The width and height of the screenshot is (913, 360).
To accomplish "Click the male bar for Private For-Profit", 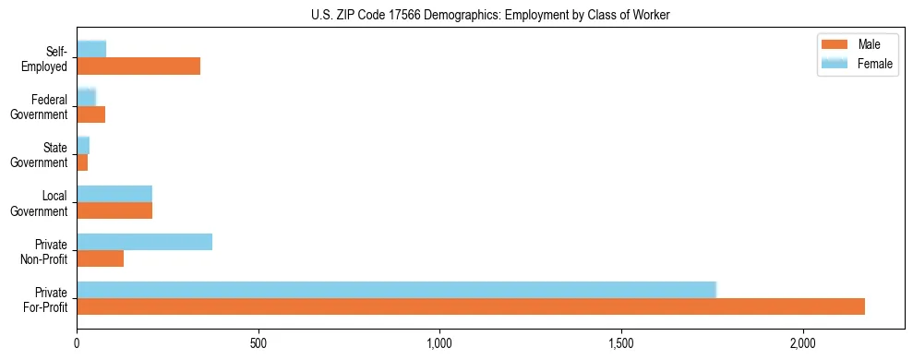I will tap(471, 306).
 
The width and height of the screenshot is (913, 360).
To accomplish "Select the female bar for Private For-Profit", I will tap(396, 290).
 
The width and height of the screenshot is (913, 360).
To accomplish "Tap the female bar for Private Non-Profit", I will tap(144, 242).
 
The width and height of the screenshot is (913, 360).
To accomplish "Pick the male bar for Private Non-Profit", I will tap(100, 258).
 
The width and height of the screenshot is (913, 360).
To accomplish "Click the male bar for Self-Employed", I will tap(138, 66).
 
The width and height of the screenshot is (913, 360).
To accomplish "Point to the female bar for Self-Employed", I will tap(91, 49).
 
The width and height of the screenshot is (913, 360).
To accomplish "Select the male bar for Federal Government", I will tap(90, 114).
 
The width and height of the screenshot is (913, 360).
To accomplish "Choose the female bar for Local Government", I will tap(114, 194).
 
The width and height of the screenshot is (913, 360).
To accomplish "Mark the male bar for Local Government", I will tap(114, 210).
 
